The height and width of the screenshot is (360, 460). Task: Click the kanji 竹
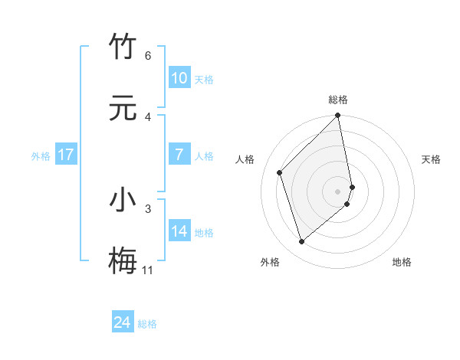tap(123, 47)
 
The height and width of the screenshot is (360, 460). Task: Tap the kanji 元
tap(123, 107)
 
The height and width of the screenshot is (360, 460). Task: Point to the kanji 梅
tap(123, 260)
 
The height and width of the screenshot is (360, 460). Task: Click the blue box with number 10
tap(179, 78)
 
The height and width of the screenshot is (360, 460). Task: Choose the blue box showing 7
tap(179, 155)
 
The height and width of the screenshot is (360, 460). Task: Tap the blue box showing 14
tap(179, 232)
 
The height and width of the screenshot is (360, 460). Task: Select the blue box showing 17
tap(66, 155)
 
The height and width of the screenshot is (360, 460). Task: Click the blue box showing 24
tap(123, 322)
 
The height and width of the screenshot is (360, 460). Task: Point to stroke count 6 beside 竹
tap(147, 56)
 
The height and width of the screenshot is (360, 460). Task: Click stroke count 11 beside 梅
tap(147, 270)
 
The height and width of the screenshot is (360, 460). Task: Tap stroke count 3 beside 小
tap(147, 208)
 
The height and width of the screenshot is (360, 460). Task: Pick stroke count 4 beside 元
tap(147, 116)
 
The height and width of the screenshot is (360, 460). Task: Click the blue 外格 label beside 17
tap(41, 156)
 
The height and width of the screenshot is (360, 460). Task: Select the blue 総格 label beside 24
tap(147, 324)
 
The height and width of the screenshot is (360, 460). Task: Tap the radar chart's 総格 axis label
tap(338, 100)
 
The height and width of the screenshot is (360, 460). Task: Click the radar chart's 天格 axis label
tap(432, 159)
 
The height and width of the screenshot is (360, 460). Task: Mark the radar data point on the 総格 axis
tap(338, 116)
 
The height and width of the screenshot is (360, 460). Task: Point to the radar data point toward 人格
tap(280, 172)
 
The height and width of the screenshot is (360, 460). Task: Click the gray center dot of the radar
tap(338, 191)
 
